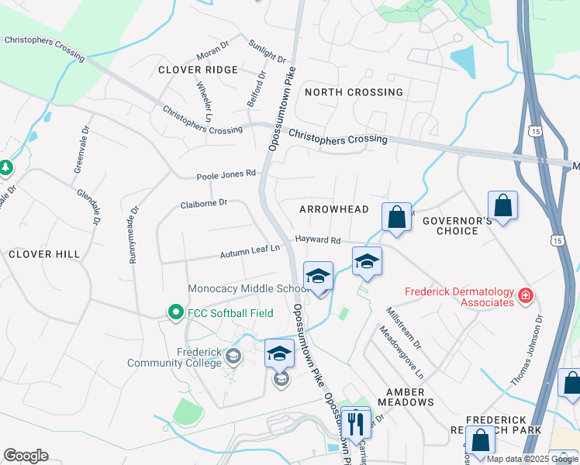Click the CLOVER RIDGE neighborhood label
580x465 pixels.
pos(198,70)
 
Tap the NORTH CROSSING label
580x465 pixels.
pos(354,92)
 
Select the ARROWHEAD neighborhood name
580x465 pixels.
pos(334,209)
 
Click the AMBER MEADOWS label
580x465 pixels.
pos(406,397)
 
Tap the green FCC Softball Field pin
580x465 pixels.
pos(176,313)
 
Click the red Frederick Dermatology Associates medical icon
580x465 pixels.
pos(525,296)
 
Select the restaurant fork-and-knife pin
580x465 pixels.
pos(355,423)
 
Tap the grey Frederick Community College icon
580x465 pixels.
pos(232,356)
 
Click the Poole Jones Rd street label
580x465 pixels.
pos(226,174)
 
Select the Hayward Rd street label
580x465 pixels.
pos(317,240)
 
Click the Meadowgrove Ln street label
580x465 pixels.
pos(400,352)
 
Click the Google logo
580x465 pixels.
pos(26,456)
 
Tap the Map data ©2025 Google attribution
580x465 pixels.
pos(532,459)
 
